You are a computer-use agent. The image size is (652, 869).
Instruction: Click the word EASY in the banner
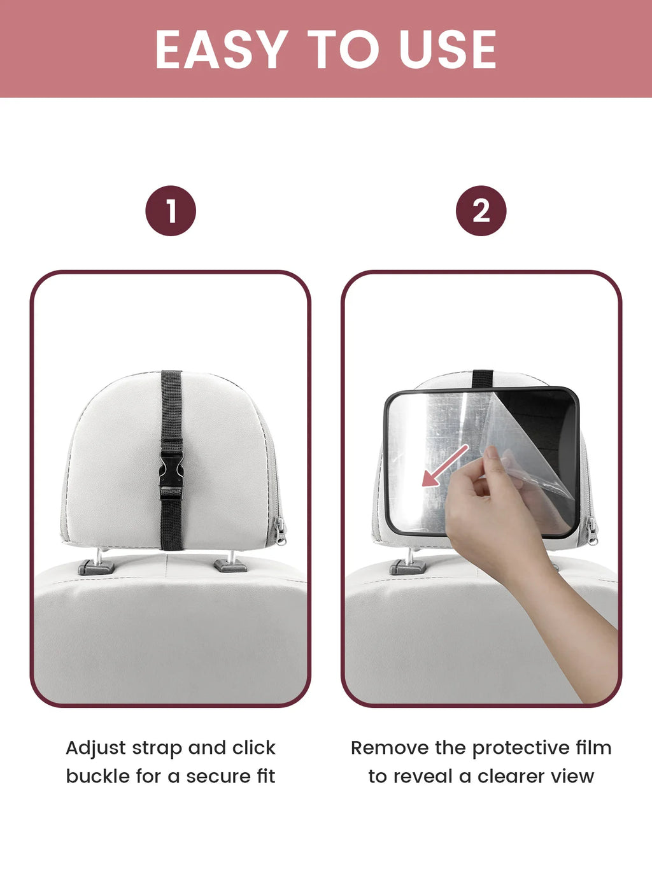(x=222, y=50)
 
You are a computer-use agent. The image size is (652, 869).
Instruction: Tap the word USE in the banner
(x=448, y=50)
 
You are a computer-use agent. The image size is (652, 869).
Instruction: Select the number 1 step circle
(x=171, y=211)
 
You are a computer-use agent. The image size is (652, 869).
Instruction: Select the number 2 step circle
(x=481, y=211)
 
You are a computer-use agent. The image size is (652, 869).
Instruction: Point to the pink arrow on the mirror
(x=445, y=465)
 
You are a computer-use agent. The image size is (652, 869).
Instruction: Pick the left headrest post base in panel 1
(x=96, y=567)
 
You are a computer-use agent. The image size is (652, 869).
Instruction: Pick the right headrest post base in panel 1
(x=230, y=565)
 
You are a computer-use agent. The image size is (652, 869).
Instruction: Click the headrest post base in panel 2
(x=407, y=567)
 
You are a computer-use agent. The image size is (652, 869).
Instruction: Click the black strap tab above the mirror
(x=483, y=379)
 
